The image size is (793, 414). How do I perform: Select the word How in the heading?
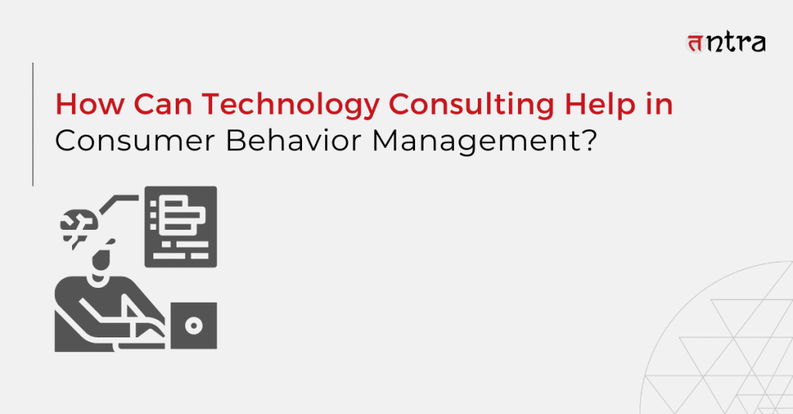pyautogui.click(x=90, y=104)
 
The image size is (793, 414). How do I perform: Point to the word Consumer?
pyautogui.click(x=135, y=141)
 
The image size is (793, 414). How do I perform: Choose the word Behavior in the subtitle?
pyautogui.click(x=294, y=140)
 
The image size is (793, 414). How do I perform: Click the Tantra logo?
pyautogui.click(x=726, y=43)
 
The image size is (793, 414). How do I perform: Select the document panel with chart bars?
pyautogui.click(x=180, y=227)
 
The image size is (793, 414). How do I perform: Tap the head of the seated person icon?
pyautogui.click(x=103, y=258)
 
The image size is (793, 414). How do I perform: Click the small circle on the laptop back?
pyautogui.click(x=194, y=326)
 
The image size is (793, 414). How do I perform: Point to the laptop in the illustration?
pyautogui.click(x=194, y=326)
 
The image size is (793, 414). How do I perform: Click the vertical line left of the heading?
pyautogui.click(x=33, y=125)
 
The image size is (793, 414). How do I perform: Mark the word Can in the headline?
pyautogui.click(x=163, y=104)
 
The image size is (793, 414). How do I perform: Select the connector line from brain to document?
pyautogui.click(x=118, y=203)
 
